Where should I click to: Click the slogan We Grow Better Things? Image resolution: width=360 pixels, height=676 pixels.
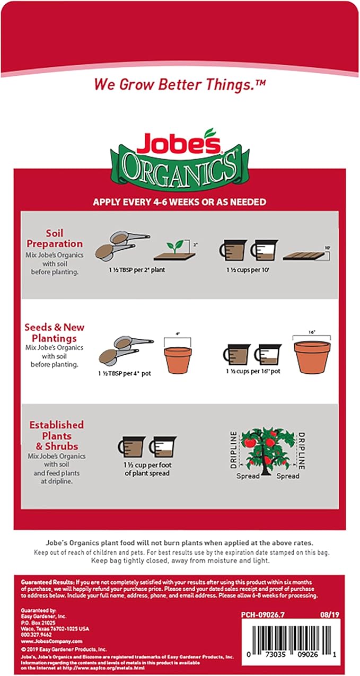pos(180,84)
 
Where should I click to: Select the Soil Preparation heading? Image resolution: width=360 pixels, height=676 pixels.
pos(64,238)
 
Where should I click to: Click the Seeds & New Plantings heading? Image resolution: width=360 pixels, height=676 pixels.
pos(54,332)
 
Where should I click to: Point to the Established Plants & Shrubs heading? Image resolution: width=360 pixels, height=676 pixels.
pos(56,434)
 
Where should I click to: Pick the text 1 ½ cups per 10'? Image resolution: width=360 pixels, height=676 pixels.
pos(243,270)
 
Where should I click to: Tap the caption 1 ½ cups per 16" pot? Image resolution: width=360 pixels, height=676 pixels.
pos(252,371)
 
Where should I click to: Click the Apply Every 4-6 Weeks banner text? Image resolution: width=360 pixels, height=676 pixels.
pos(180,202)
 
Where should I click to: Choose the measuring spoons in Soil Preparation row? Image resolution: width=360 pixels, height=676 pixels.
pos(122,245)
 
